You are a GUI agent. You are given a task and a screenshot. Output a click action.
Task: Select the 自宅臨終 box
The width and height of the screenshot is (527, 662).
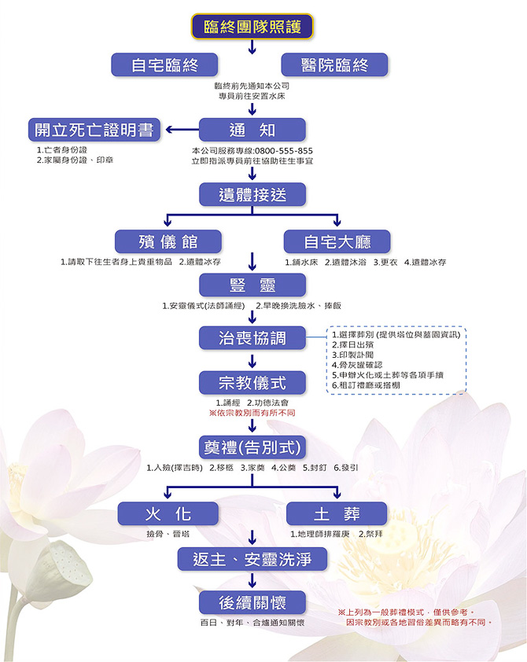tap(164, 65)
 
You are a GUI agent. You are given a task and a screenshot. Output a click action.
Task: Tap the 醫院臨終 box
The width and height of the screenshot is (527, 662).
tap(334, 65)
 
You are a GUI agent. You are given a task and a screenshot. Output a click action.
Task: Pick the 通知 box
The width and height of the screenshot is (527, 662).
tap(252, 130)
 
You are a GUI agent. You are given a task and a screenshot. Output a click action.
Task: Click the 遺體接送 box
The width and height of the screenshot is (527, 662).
tap(252, 193)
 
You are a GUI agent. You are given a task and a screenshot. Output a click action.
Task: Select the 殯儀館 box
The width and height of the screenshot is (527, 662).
tap(168, 241)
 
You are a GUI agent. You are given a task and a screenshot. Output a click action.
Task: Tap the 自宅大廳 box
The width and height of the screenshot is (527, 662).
tap(337, 241)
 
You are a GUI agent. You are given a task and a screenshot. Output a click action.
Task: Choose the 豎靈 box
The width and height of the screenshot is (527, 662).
tap(252, 285)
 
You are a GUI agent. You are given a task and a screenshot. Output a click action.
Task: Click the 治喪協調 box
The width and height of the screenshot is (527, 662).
tap(252, 338)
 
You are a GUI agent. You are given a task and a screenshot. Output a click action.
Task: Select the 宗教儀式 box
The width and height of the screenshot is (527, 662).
tap(252, 383)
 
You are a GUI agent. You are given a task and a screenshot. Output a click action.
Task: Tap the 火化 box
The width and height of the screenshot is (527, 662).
tap(168, 513)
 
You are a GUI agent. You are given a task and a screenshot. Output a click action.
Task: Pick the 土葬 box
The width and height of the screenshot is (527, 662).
tap(337, 513)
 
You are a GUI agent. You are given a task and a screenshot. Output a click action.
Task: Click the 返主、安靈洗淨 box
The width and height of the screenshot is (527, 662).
tap(252, 559)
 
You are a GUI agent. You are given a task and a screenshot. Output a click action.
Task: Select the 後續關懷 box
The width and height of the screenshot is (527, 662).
tap(252, 603)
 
